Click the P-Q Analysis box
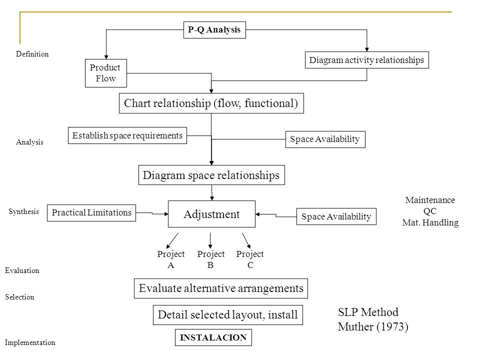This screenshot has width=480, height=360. click(x=214, y=30)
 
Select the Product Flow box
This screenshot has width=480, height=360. click(x=106, y=73)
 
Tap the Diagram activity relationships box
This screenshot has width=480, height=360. click(x=366, y=60)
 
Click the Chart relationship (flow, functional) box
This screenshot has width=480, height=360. click(x=211, y=103)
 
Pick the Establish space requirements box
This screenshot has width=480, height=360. click(x=127, y=135)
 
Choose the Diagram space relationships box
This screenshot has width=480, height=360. click(x=211, y=175)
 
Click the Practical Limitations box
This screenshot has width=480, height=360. click(x=91, y=213)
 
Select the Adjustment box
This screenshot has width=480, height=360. click(x=211, y=214)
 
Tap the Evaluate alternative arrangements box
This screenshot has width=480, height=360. click(x=220, y=288)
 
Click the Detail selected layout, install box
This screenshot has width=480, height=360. click(x=228, y=314)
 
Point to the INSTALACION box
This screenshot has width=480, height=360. click(x=213, y=337)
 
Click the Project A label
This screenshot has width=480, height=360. click(x=171, y=259)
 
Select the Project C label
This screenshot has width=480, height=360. click(x=250, y=259)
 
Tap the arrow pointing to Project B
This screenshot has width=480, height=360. click(x=210, y=240)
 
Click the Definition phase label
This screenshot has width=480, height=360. click(x=32, y=54)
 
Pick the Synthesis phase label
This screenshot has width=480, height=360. click(x=23, y=211)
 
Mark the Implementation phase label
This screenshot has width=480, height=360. click(x=30, y=342)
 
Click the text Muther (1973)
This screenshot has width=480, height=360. click(x=373, y=326)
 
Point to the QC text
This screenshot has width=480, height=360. click(x=430, y=211)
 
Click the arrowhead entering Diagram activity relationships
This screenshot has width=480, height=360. click(x=366, y=49)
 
